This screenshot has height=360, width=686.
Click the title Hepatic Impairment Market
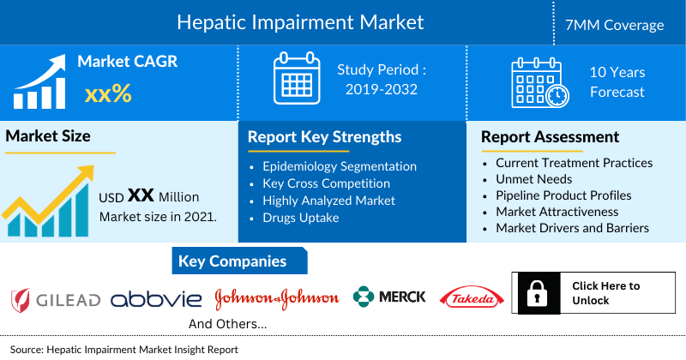click(299, 21)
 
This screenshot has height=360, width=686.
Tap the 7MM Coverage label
click(621, 25)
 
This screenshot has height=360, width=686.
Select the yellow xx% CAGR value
click(108, 93)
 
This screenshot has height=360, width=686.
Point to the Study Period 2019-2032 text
click(382, 79)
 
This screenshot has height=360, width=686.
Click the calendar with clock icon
click(538, 81)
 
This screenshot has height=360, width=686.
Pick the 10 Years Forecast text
click(617, 82)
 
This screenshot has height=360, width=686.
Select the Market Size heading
click(48, 135)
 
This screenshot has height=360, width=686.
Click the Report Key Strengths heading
click(324, 137)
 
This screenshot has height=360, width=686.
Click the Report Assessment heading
click(550, 137)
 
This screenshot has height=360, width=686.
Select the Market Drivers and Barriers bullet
click(572, 228)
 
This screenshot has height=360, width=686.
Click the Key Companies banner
click(232, 261)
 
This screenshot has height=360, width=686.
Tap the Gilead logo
click(56, 299)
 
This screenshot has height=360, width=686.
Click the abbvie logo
click(156, 298)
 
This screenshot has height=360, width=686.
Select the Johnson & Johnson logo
click(276, 297)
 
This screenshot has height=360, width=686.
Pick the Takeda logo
click(469, 297)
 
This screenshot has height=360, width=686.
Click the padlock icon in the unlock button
click(535, 294)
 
